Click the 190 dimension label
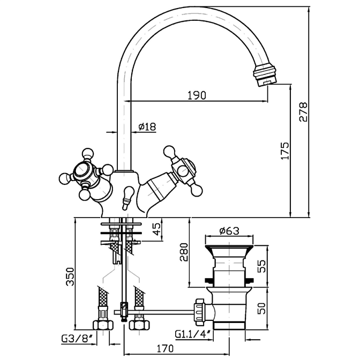point(197,95)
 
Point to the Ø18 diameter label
point(146,126)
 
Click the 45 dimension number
point(156,227)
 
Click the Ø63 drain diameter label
point(229,231)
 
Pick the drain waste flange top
point(228,245)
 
